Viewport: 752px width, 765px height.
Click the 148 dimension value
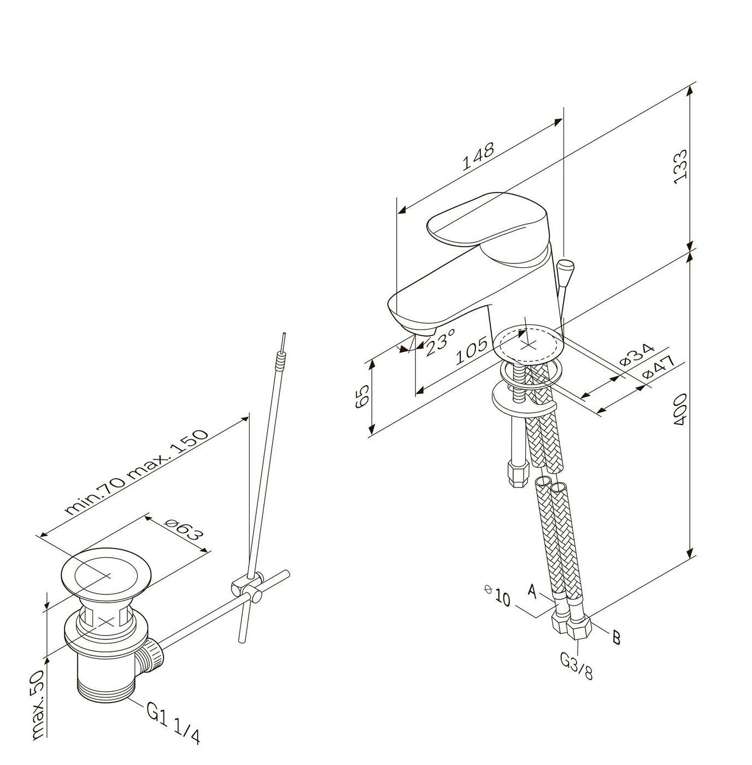(479, 156)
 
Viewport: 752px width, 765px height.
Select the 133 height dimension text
(680, 166)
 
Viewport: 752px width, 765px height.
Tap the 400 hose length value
(680, 410)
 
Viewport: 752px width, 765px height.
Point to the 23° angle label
(440, 342)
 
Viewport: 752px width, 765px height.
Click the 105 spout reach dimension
(471, 350)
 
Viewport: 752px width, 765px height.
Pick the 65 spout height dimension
(362, 396)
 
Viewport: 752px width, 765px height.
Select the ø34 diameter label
(637, 355)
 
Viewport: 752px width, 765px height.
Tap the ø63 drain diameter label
(184, 533)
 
